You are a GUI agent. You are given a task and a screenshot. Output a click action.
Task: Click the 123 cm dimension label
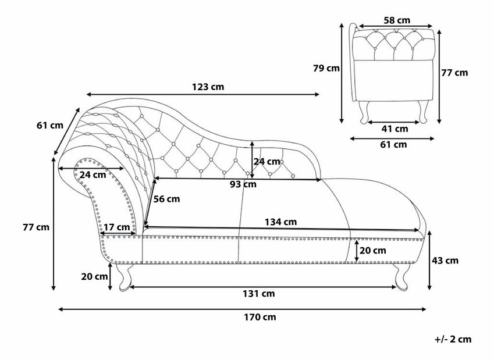[x=208, y=87]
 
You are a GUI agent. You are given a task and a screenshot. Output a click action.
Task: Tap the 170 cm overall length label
[x=259, y=318]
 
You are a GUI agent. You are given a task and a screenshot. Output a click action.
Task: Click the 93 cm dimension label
[x=241, y=185]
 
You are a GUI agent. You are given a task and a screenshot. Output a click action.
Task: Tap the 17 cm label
[x=118, y=227]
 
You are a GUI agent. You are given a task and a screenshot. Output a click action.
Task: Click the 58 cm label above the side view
[x=396, y=20]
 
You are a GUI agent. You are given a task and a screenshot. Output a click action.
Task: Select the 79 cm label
[x=326, y=68]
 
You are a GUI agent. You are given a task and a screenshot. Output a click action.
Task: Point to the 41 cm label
[x=394, y=129]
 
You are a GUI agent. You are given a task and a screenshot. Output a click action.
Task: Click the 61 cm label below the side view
[x=393, y=145]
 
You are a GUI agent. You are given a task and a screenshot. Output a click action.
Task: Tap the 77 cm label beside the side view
[x=454, y=73]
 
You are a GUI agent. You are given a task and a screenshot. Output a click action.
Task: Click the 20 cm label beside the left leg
[x=95, y=276]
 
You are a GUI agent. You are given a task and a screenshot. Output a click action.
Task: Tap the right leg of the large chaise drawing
[x=400, y=277]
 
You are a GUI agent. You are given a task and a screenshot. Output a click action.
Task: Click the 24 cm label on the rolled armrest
[x=93, y=174]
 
